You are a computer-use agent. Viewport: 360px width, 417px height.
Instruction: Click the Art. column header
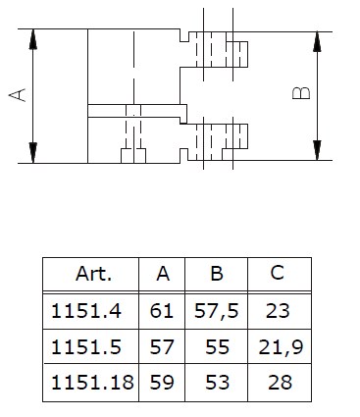point(93,274)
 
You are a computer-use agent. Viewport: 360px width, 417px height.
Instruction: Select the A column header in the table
point(163,274)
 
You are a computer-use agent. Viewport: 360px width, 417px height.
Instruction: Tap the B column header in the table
point(217,274)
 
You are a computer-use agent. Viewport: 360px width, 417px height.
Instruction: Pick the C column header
point(278,273)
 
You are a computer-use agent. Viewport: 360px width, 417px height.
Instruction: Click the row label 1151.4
point(86,311)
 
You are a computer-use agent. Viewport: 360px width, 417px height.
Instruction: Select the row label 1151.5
point(86,347)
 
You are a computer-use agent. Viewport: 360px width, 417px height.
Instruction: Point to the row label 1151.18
point(92,383)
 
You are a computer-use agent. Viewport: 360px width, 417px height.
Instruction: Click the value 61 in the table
point(161,311)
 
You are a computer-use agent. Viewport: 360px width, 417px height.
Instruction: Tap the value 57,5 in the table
point(217,312)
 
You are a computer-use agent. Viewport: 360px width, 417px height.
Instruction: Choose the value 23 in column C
point(278,311)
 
